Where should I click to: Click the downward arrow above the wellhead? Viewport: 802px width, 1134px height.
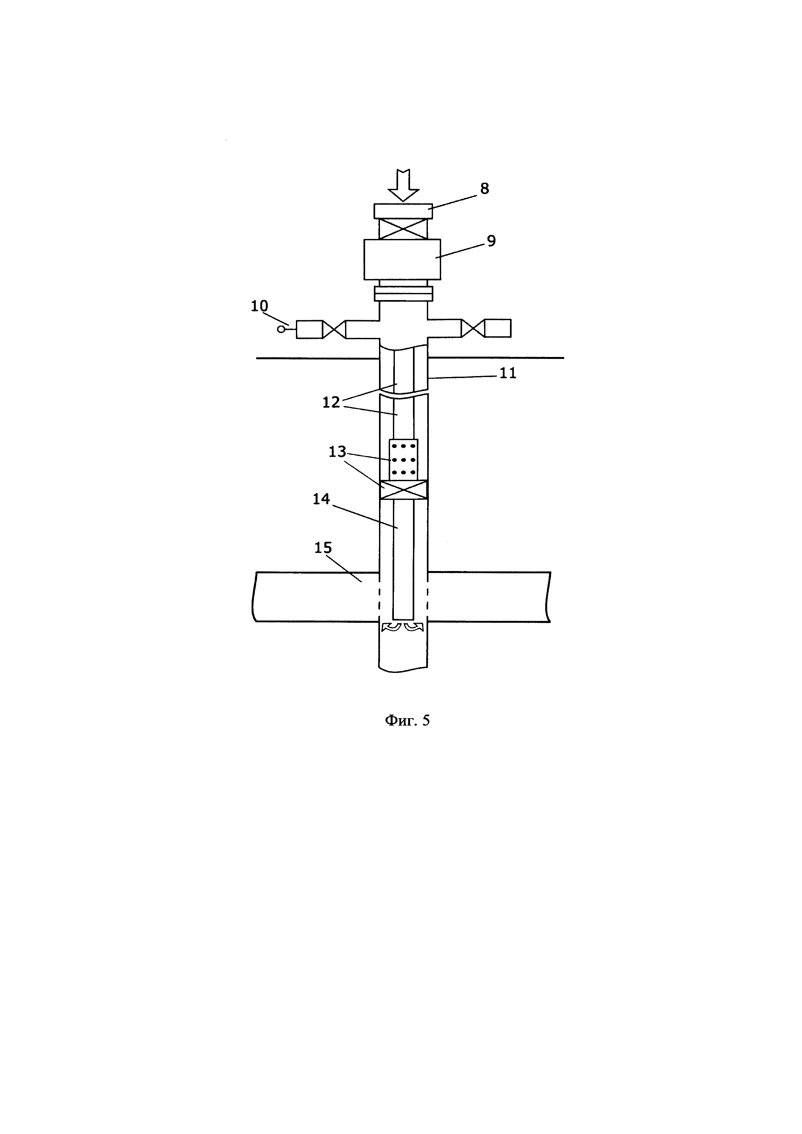(x=403, y=185)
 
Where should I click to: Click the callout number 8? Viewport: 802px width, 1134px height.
(x=484, y=188)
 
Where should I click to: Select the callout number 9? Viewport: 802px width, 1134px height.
(x=491, y=241)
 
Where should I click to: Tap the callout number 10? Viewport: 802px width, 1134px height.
(x=260, y=306)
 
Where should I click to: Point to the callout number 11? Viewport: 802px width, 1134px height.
(x=508, y=373)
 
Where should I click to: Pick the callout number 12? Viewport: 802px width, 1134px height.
(x=331, y=403)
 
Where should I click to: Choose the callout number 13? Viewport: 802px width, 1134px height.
(x=338, y=452)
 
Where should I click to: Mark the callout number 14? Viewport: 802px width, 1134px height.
(x=321, y=499)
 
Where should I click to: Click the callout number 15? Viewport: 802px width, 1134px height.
(x=323, y=548)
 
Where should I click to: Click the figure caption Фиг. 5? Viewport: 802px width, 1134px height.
(x=407, y=721)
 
